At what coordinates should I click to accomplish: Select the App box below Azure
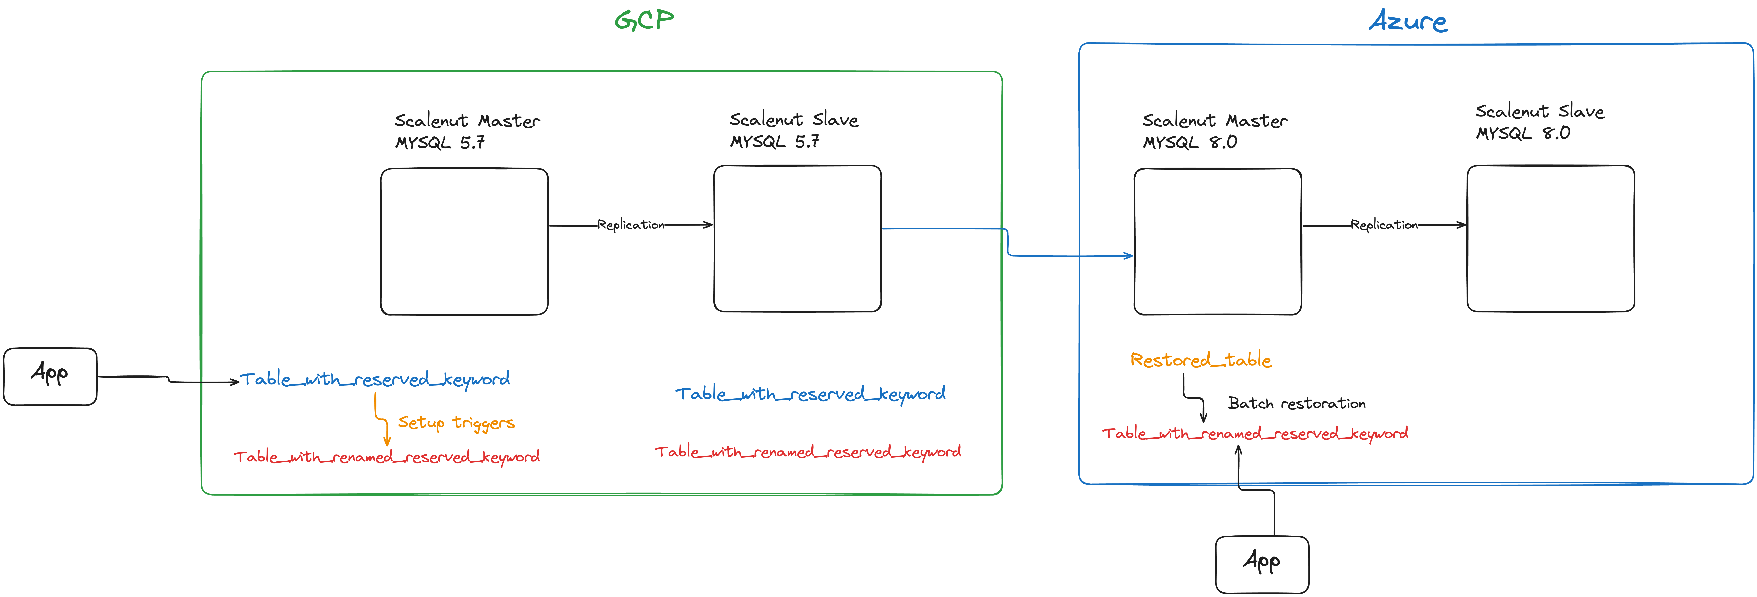(x=1262, y=564)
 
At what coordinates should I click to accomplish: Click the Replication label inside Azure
(x=1384, y=224)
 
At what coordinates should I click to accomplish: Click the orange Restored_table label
(x=1201, y=360)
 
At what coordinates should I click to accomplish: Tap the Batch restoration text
(x=1297, y=403)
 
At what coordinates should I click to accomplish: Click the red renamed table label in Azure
(x=1255, y=433)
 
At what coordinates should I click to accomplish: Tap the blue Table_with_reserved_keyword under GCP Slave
(x=810, y=394)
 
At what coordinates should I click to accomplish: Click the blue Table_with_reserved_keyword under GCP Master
(x=374, y=379)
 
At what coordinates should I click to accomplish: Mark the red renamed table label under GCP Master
(x=387, y=456)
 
